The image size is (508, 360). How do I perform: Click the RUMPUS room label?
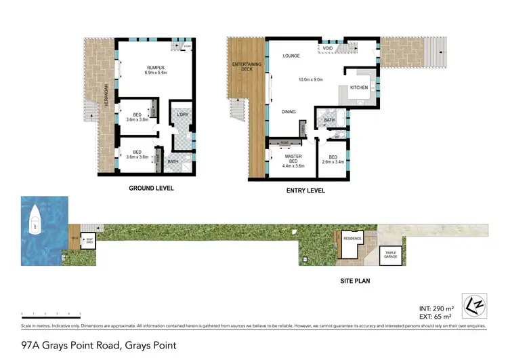[x=156, y=67]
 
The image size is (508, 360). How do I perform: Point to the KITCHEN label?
[x=358, y=88]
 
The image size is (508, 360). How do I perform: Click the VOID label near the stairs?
[x=327, y=48]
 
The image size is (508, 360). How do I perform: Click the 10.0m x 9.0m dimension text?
[x=310, y=79]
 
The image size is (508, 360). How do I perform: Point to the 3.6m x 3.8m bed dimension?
[x=137, y=120]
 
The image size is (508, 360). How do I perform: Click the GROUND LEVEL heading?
[x=152, y=188]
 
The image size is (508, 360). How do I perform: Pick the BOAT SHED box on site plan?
[x=87, y=239]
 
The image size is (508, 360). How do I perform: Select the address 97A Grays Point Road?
[x=99, y=345]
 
